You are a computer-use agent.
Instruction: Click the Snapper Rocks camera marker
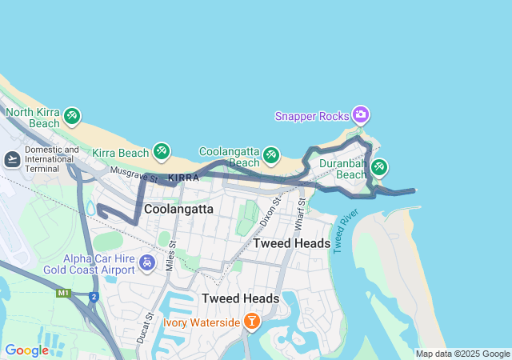click(x=361, y=115)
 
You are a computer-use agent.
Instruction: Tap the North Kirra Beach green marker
click(x=72, y=117)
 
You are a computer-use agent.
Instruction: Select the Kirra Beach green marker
click(x=162, y=151)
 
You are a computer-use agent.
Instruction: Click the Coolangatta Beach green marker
click(x=272, y=153)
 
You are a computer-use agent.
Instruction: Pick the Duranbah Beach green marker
click(x=379, y=167)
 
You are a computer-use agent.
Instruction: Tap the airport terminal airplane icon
click(x=12, y=160)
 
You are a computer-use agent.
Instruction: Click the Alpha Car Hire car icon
click(x=146, y=263)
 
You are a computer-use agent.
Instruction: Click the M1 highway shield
click(x=63, y=294)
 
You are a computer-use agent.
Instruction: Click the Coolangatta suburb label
click(x=178, y=209)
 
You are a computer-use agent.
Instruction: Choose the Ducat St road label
click(x=147, y=327)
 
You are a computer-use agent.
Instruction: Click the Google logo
click(x=26, y=350)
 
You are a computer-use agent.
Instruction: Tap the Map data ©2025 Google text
click(x=462, y=354)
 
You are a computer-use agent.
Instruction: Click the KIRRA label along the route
click(x=184, y=178)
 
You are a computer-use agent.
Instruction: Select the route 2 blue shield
click(x=94, y=297)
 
